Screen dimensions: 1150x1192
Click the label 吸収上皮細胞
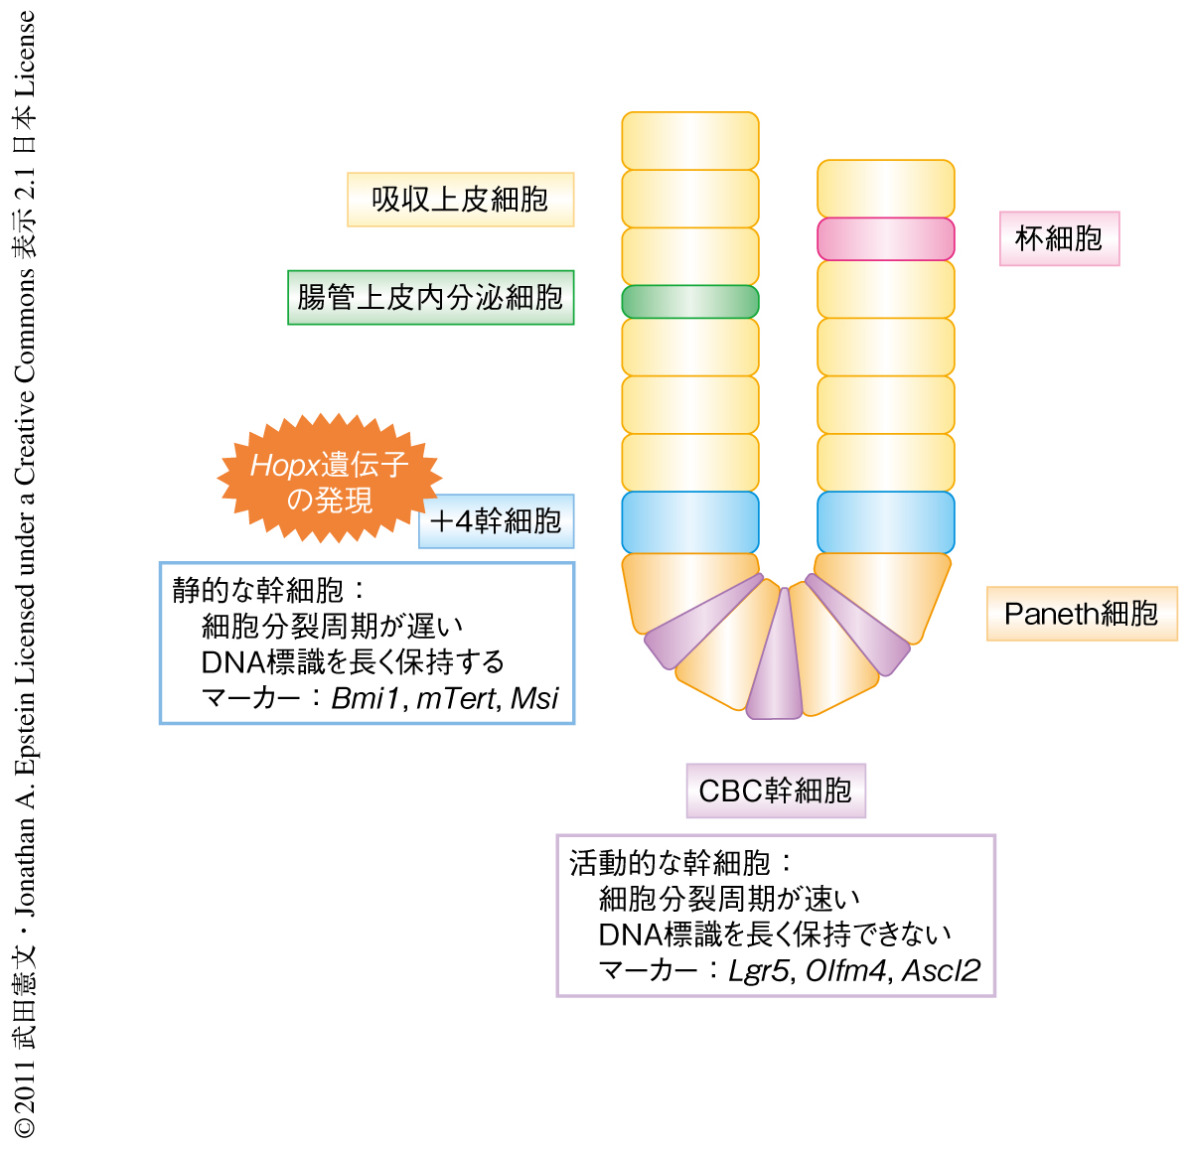pos(460,200)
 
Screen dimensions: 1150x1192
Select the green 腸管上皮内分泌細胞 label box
pos(430,297)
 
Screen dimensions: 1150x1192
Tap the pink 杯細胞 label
pos(1059,238)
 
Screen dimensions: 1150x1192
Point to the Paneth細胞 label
pos(1081,614)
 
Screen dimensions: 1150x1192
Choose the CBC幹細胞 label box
pos(776,791)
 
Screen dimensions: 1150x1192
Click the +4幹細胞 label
pos(497,521)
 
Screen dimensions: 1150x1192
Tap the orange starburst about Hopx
pos(329,480)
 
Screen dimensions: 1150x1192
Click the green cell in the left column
pos(690,302)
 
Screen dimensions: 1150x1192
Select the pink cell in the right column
pos(885,239)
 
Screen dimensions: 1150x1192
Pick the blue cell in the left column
pos(690,522)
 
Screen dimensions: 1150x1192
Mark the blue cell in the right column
pos(885,522)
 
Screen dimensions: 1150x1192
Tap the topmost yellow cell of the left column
pos(690,140)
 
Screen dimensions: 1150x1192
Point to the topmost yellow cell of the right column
pos(885,188)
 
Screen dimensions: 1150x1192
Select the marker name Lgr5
pos(759,970)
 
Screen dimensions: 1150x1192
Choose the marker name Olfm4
pos(845,970)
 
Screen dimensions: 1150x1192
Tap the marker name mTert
pos(456,699)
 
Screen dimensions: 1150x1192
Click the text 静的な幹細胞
pos(257,590)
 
